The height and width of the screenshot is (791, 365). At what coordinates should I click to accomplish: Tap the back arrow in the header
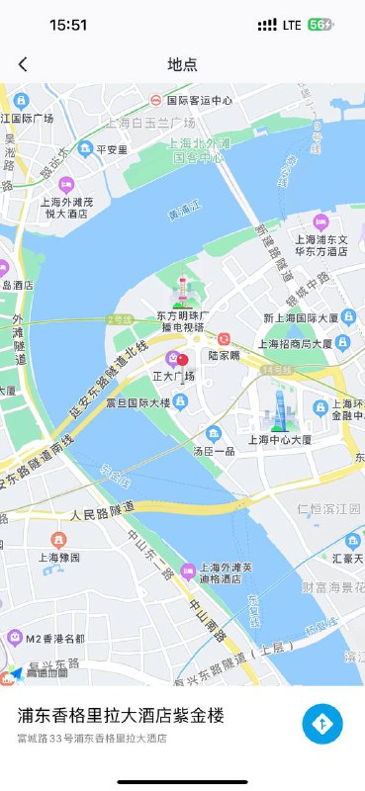point(23,64)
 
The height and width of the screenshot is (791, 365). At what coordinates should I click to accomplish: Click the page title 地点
point(182,64)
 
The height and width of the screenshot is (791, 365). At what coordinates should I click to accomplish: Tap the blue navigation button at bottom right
point(322,724)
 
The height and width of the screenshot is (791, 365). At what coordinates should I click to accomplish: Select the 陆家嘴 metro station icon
point(225,339)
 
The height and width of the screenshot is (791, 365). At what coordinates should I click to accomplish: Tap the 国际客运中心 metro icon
point(155,100)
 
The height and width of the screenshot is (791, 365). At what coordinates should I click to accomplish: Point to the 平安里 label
point(111,149)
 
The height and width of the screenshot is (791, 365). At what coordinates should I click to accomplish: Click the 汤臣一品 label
point(213,451)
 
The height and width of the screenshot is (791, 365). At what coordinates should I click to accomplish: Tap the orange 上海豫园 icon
point(58,540)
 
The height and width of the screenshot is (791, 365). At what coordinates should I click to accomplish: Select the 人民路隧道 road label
point(102,513)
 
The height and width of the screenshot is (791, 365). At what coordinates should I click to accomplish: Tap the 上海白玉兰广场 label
point(151,123)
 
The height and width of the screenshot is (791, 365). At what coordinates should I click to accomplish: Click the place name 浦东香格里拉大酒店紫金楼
point(121,716)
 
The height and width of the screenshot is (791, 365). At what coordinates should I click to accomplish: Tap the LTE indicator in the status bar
point(292,25)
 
